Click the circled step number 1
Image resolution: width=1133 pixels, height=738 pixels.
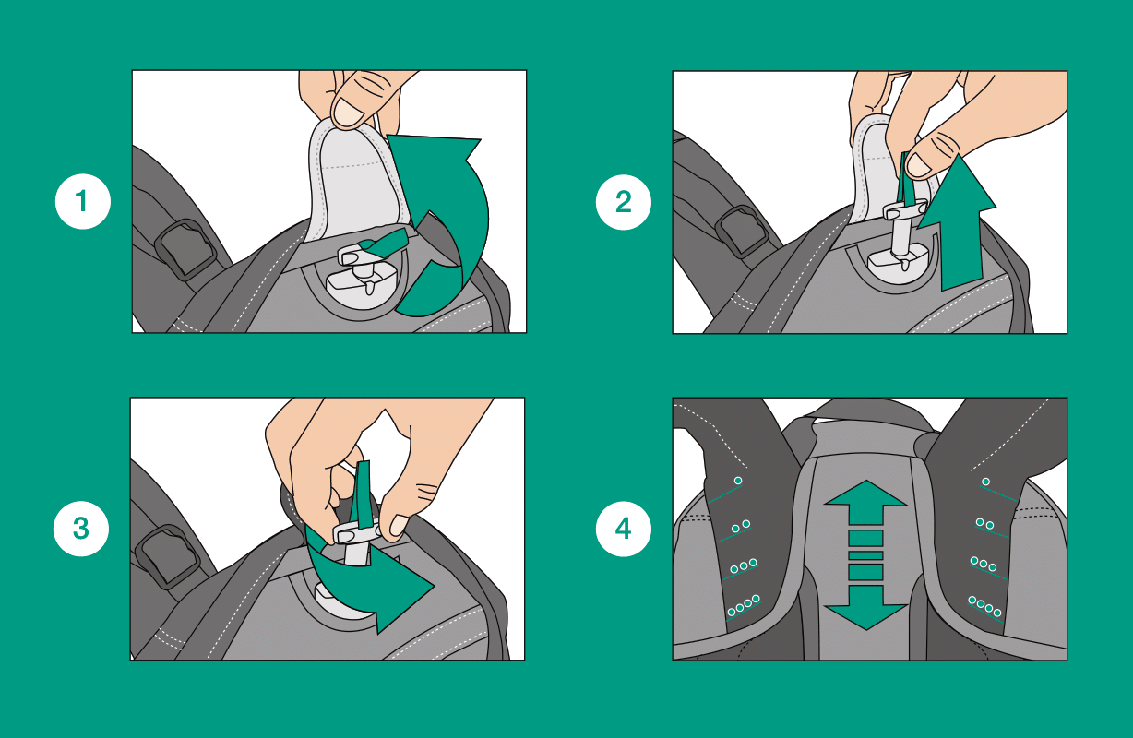pos(82,201)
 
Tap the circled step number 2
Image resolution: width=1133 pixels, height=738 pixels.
pos(623,202)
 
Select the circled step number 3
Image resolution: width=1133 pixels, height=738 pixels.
pos(81,529)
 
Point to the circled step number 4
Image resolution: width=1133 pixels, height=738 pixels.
pos(623,529)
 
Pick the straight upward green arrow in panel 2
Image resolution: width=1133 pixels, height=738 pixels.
pos(959,222)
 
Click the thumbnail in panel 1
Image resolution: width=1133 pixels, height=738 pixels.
pos(349,113)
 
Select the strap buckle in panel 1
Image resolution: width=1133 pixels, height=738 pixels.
pos(185,249)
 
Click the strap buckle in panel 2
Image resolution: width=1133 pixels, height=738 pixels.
pos(742,232)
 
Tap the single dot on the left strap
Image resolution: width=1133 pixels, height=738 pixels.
pos(738,481)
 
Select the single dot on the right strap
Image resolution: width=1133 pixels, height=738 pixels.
pos(985,482)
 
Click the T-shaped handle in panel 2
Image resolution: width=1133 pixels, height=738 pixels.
pos(903,228)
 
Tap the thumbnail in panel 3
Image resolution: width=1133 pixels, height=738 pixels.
pos(398,526)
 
